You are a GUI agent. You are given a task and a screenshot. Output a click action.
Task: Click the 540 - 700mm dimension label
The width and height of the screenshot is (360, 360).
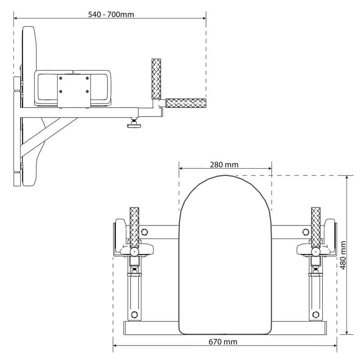coord(111,14)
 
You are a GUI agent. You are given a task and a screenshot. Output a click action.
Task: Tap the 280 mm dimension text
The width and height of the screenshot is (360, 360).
coord(224,165)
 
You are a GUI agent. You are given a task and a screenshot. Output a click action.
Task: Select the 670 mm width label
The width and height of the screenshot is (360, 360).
coord(223,342)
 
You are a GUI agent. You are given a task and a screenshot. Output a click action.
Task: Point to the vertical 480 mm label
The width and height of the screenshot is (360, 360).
coord(343,255)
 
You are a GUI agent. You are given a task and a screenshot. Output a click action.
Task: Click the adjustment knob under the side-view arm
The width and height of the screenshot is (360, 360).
coord(134,124)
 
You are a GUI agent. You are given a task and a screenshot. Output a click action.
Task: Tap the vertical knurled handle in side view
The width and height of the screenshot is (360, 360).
coord(156,79)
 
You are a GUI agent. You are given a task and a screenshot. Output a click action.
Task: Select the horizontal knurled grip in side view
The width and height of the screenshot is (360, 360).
coord(186,103)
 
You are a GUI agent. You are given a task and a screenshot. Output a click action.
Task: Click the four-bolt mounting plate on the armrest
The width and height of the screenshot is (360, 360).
coord(74,91)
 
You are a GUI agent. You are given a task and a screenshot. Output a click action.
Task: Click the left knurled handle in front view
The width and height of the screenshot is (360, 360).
coord(134,227)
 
